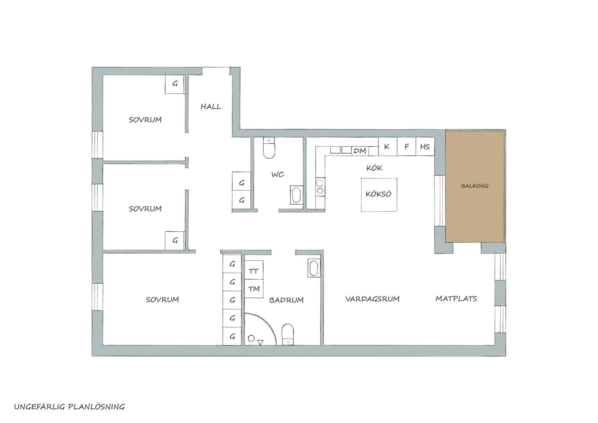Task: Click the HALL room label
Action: tap(211, 107)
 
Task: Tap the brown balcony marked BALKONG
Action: tap(475, 186)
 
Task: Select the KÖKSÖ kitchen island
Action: tap(379, 195)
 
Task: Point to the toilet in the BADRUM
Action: tap(288, 334)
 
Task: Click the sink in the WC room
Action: tap(296, 195)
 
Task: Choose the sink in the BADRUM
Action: tap(314, 268)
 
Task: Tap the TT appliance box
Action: tap(253, 271)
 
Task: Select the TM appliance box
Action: tap(254, 289)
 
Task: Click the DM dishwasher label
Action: tap(360, 151)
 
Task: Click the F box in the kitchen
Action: tap(406, 146)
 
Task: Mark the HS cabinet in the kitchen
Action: tap(425, 146)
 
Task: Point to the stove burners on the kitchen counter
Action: tap(320, 187)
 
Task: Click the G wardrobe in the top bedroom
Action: tap(175, 84)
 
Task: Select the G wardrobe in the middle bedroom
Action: tap(175, 241)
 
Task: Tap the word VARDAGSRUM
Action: tap(372, 299)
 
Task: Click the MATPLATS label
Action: tap(456, 299)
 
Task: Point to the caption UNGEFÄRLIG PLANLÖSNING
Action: tap(69, 407)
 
